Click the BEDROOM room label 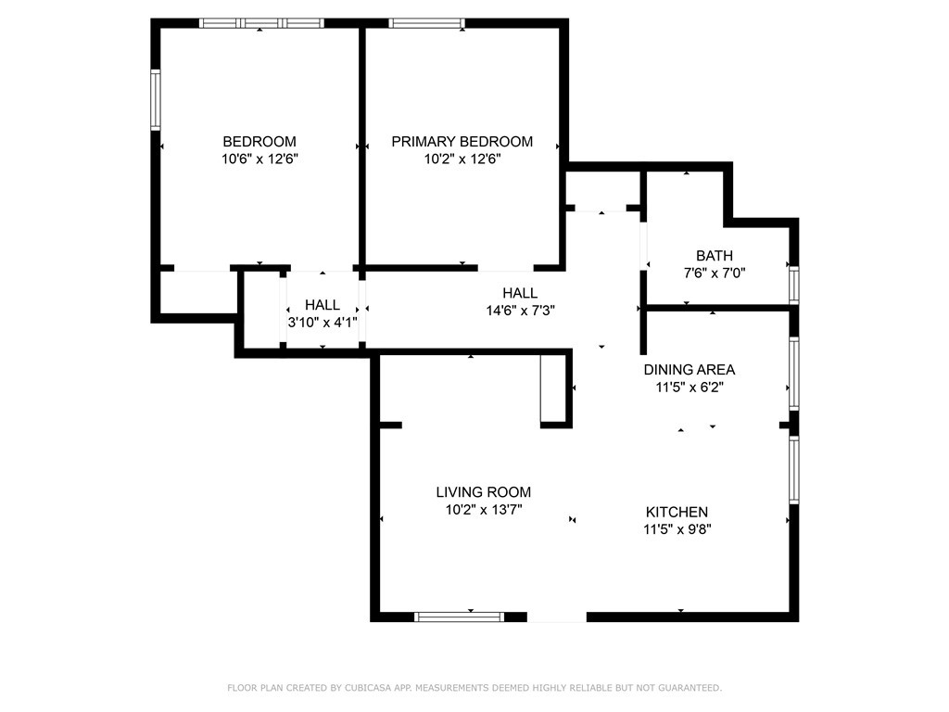(x=259, y=142)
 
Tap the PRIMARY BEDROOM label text (x=462, y=142)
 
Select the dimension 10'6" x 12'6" (x=259, y=159)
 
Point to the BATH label (x=715, y=256)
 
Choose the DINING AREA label (x=690, y=370)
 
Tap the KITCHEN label (x=677, y=512)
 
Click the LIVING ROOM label (x=484, y=492)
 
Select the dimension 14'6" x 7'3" (x=520, y=311)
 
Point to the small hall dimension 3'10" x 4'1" (x=323, y=323)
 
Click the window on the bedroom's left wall (x=156, y=99)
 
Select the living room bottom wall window (x=459, y=617)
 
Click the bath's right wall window (x=793, y=284)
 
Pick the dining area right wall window (x=793, y=372)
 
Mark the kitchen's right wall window (x=793, y=469)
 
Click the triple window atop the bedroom (x=261, y=23)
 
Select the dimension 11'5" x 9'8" (x=677, y=529)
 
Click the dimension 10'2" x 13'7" (x=484, y=510)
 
